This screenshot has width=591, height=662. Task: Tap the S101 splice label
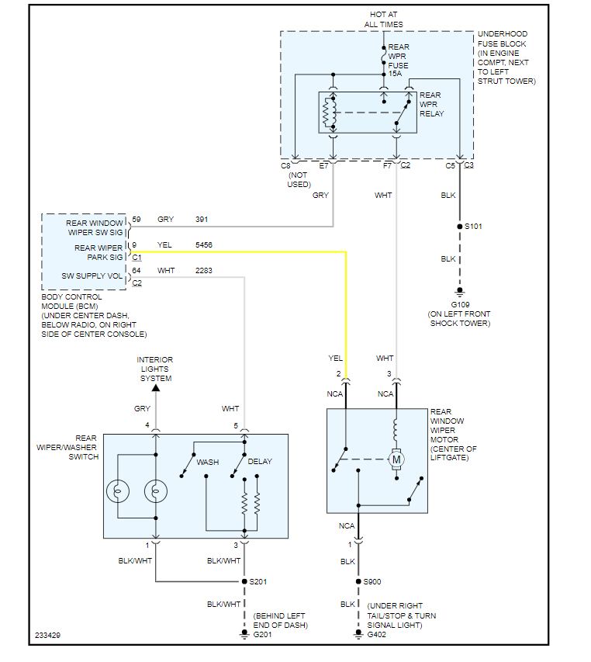coord(475,226)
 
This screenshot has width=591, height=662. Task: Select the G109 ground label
coord(460,305)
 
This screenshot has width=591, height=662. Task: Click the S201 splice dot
coord(244,581)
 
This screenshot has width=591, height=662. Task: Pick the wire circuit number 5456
coord(204,245)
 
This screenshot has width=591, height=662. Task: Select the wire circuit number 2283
coord(204,270)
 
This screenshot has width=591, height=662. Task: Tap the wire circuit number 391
coord(202,220)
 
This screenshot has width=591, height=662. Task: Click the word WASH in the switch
coord(207,463)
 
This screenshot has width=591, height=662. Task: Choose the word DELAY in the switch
coord(260,463)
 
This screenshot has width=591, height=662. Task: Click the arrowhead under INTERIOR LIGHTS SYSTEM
coord(155,387)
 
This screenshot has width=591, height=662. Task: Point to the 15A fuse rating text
coord(395,73)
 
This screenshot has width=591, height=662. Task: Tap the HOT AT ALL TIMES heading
coord(384,19)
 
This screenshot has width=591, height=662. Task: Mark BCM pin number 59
coord(137,220)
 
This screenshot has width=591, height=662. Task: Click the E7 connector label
coord(325,165)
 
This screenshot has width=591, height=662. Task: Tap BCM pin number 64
coord(137,270)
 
